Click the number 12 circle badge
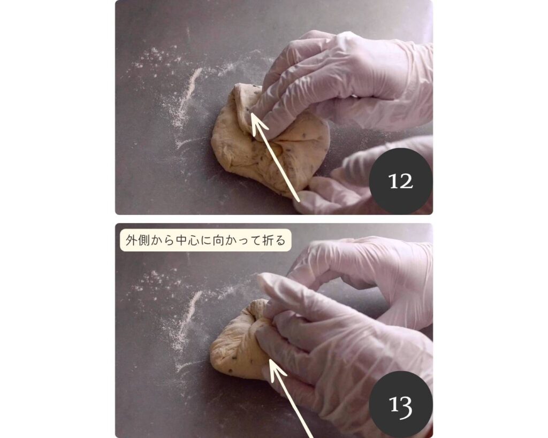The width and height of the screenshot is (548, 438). coord(401,181)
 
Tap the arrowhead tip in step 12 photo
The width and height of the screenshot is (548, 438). coord(253,114)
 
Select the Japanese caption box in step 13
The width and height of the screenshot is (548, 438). coord(205,240)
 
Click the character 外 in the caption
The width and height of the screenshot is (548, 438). coord(131,240)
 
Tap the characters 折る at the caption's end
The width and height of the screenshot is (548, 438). coord(273,240)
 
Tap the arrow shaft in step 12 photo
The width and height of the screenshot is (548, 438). coord(276,158)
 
